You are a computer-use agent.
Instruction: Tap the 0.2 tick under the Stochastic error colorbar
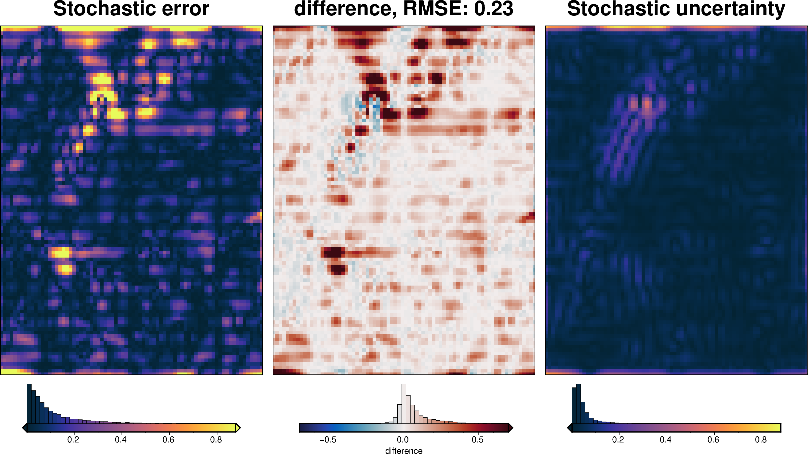73,440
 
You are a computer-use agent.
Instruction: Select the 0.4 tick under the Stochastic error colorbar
121,440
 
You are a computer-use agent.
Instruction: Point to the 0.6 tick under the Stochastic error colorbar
168,440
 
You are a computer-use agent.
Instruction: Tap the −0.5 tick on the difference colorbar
328,440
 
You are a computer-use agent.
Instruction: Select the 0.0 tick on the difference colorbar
403,440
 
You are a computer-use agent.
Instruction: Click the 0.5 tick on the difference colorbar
477,440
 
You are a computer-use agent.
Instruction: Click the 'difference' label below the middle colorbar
404,451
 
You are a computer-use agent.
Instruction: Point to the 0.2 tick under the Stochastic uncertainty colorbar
618,440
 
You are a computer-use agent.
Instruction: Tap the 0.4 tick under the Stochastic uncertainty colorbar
666,440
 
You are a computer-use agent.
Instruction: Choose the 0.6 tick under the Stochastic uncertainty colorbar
713,440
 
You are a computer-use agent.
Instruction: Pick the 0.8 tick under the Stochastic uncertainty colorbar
761,440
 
